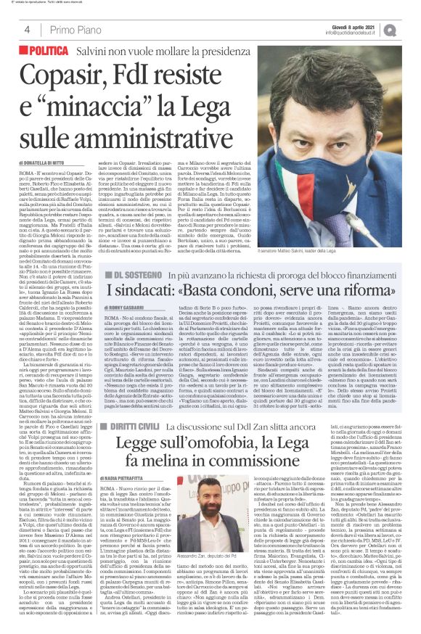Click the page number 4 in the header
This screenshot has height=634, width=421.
27,30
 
